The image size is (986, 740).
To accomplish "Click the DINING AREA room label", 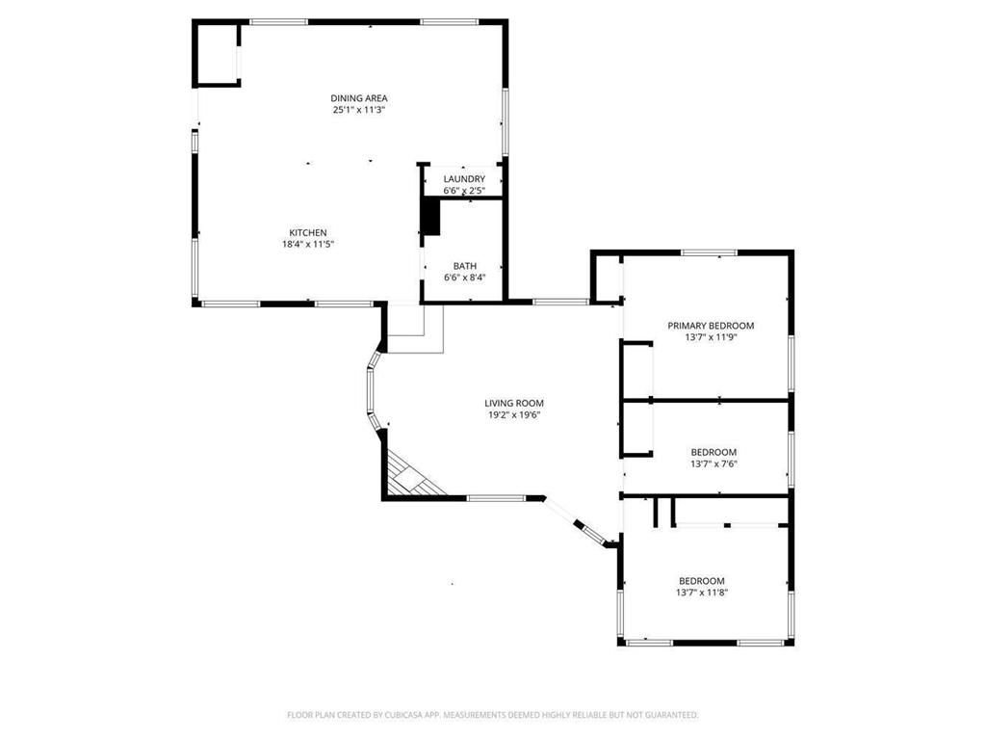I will coord(359,97).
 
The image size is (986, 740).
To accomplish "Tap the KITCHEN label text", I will coord(308,232).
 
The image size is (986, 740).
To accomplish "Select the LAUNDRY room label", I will coord(464,179).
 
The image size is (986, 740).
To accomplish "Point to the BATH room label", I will coord(464,266).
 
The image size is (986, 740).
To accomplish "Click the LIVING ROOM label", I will coord(514,403).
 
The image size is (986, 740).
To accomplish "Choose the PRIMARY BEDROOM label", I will coord(711,326).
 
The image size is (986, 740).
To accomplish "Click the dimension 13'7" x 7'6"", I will coord(714,463).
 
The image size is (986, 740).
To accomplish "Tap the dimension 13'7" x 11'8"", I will coord(701,593).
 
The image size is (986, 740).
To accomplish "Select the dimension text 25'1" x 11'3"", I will coord(359,110).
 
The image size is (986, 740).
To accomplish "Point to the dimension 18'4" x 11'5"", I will coord(308,245).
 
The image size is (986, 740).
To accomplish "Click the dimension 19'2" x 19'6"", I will coord(514,415).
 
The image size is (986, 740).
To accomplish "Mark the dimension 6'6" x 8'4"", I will coord(464,277).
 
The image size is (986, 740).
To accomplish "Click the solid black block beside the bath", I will coord(429,217).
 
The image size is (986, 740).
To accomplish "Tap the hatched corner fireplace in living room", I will coord(408,478).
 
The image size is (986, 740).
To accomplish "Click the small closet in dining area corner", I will coord(217,55).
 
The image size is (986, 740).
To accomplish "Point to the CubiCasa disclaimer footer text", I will coord(492,715).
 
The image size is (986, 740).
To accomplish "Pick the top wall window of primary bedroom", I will coord(710,252).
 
